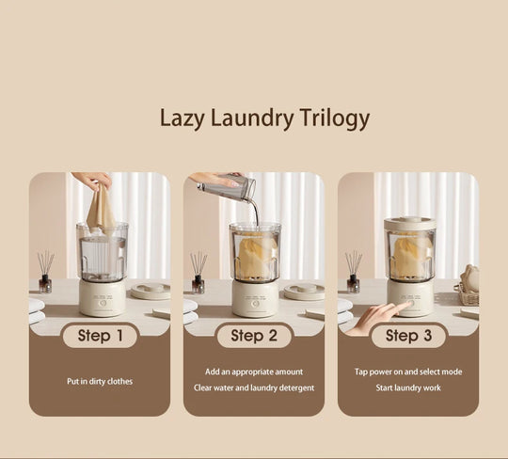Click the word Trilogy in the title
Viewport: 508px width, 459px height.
coord(330,119)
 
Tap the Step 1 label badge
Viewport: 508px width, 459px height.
coord(100,336)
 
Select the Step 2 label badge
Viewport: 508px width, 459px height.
coord(254,336)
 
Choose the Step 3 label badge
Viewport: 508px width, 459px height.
coord(408,336)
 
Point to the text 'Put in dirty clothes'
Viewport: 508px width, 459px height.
coord(100,381)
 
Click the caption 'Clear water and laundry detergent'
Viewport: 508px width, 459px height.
coord(254,388)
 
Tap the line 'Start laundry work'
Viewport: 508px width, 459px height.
coord(408,388)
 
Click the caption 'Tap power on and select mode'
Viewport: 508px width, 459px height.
coord(408,372)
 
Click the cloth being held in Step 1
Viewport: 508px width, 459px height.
coord(101,210)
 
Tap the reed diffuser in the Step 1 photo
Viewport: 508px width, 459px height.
coord(45,273)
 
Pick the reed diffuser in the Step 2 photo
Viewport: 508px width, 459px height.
coord(198,273)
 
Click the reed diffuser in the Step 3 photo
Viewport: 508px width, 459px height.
coord(353,273)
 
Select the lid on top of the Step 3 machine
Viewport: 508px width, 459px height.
coord(409,223)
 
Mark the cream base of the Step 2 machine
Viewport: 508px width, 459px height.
coord(255,298)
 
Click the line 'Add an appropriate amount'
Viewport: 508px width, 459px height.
coord(254,372)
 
